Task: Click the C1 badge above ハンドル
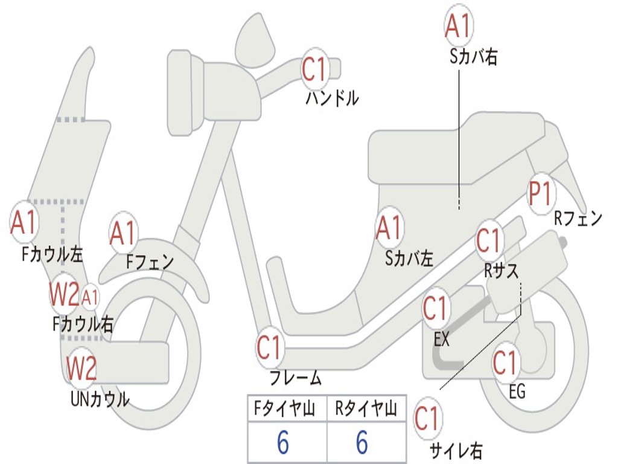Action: pos(314,69)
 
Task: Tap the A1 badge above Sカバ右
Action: pos(457,25)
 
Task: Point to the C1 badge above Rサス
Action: pos(489,240)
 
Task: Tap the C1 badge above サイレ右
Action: pos(427,419)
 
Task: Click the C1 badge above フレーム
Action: pos(270,349)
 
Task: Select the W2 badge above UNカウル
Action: pos(81,367)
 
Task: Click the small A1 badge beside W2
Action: pos(90,297)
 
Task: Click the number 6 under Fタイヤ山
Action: pos(283,443)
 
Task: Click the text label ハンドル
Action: pos(332,97)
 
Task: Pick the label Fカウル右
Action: pos(83,324)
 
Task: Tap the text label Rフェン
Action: pos(578,219)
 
